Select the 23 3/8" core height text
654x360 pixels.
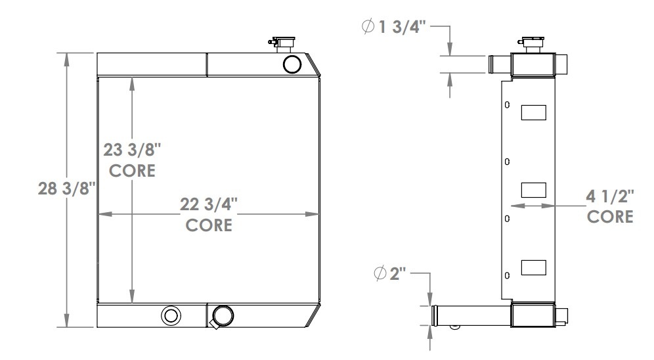click(133, 150)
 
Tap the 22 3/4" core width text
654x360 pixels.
click(209, 204)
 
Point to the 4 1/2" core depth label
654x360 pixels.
click(610, 196)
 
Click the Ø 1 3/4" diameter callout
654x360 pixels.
click(397, 27)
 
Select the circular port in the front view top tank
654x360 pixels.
click(292, 64)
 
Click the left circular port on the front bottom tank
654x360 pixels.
click(171, 315)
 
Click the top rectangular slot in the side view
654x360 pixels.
click(533, 113)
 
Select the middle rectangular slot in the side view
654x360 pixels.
click(533, 190)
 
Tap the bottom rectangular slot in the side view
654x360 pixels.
click(533, 267)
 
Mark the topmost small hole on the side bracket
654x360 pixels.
click(506, 104)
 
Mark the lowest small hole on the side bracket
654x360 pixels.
click(506, 275)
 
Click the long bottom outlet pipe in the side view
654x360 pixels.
click(469, 315)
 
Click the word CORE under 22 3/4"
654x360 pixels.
click(209, 225)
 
